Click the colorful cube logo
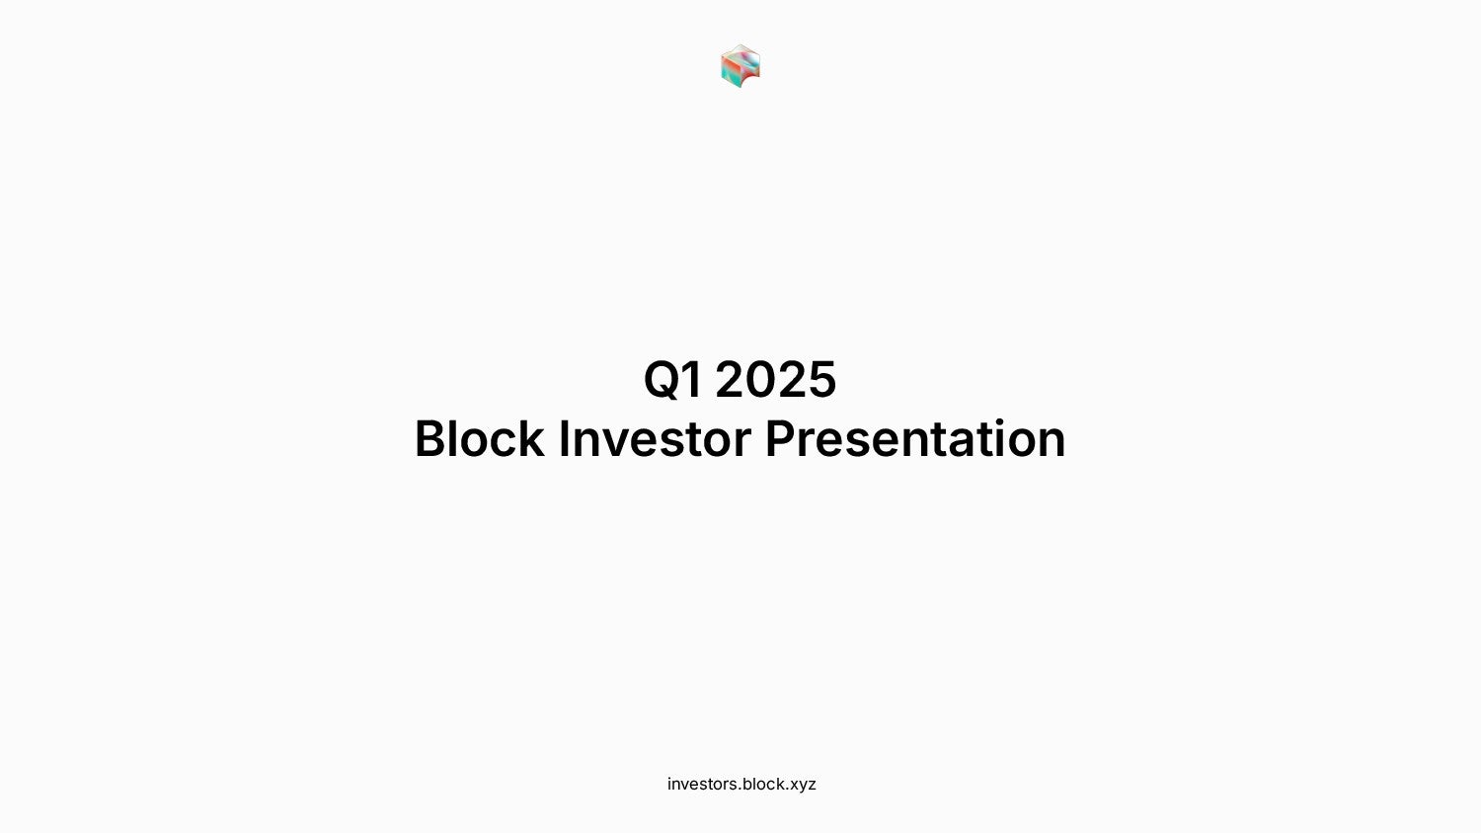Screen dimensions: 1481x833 coord(740,66)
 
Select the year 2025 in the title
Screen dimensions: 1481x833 coord(776,379)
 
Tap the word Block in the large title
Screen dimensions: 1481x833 coord(479,437)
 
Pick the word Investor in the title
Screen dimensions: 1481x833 coord(656,437)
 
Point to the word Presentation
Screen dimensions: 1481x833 coord(915,437)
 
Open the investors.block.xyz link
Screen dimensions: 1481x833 coord(741,784)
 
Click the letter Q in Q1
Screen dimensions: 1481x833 coord(663,380)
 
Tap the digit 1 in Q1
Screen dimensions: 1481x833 coord(693,379)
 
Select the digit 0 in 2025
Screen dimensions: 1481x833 coord(761,379)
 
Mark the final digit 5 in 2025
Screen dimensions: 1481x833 coord(821,379)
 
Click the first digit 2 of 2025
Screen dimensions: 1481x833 coord(731,379)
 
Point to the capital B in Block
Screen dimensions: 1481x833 coord(429,437)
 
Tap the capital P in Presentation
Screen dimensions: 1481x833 coord(780,437)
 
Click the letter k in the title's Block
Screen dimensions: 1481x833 coord(530,437)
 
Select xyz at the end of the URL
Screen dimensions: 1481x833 coord(804,786)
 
